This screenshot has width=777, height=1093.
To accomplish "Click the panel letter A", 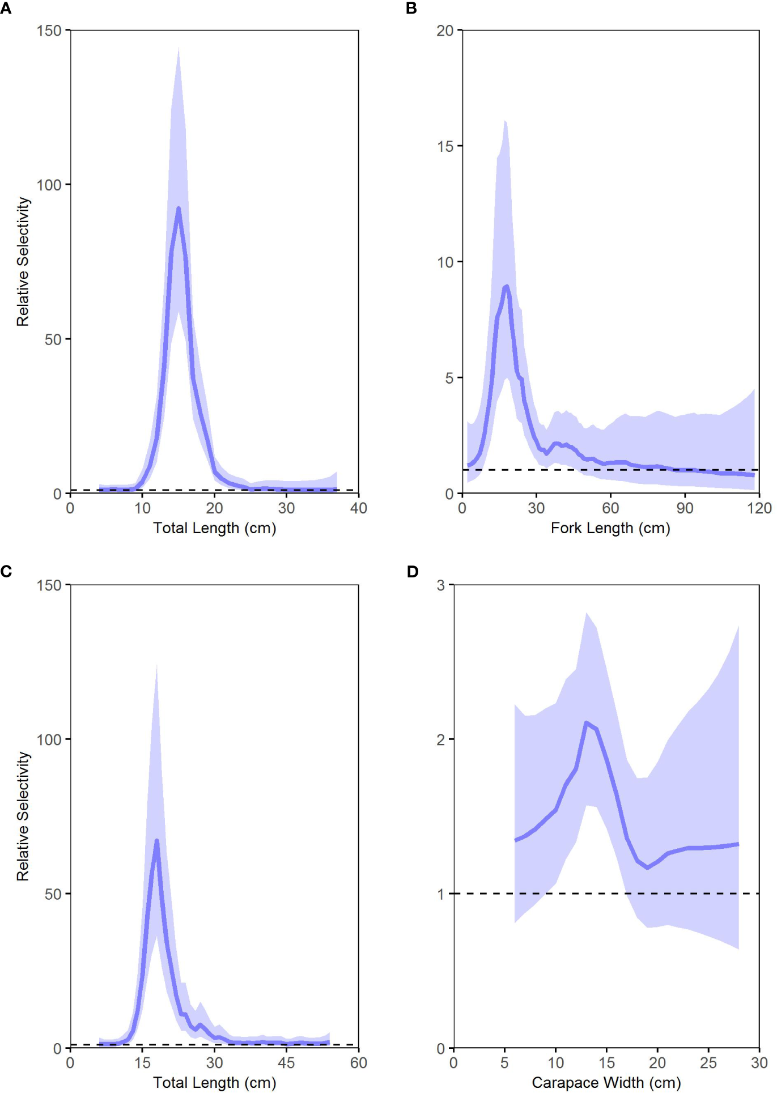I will pos(6,8).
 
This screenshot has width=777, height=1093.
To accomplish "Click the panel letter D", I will pos(413,572).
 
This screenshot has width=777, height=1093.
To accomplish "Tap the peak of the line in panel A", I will pos(179,209).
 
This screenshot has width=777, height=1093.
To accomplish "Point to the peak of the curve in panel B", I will pos(507,286).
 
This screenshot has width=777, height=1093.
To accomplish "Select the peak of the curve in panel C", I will pos(156,841).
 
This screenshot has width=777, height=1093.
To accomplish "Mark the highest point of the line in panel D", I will pos(586,722).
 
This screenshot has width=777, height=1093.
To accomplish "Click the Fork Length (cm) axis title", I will pos(610,528).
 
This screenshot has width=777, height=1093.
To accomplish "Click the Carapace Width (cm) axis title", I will pos(606,1082).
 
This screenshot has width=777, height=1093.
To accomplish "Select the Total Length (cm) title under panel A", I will pos(214,528).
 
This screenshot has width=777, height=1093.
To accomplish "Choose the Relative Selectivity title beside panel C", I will pos(23,816).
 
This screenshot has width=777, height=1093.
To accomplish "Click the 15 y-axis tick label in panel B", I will pos(445,146).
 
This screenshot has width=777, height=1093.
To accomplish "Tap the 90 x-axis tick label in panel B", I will pos(685,508).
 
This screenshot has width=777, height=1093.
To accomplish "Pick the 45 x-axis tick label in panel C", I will pos(286,1062).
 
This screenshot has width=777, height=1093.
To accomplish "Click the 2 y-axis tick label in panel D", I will pos(441,739).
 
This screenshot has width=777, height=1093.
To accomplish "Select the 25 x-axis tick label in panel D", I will pos(708,1062).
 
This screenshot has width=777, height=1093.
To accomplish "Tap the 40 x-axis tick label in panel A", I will pos(358,508).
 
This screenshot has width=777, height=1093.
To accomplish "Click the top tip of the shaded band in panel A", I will pos(179,48).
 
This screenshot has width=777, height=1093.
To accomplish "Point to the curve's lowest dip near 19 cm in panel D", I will pos(647,867).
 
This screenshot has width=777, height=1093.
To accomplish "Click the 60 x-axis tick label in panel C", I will pos(358,1062).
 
